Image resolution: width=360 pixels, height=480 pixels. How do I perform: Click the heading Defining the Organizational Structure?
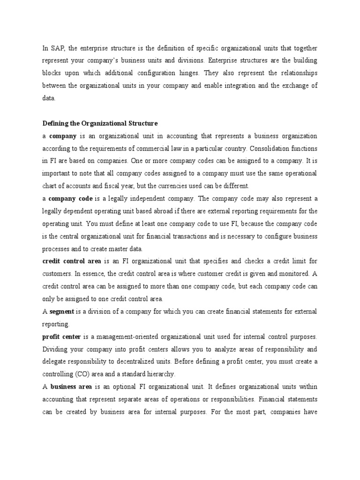click(x=100, y=123)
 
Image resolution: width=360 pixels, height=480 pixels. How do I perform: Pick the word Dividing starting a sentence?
click(x=55, y=349)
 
